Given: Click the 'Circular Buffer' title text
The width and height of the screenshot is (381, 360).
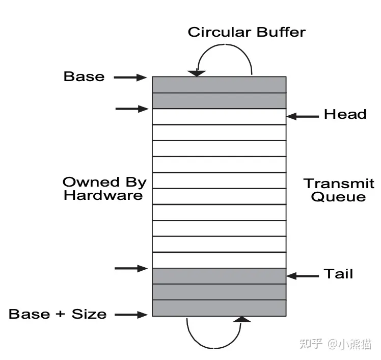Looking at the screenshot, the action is (247, 32).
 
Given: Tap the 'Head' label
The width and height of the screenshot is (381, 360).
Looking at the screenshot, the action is (345, 114).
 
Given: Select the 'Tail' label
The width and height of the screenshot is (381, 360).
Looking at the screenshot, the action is (338, 273).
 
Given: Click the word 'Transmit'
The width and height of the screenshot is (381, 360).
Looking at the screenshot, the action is (339, 183).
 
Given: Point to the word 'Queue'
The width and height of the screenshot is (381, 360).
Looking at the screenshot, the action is (338, 197).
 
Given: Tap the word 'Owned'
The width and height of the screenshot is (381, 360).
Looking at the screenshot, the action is (91, 182).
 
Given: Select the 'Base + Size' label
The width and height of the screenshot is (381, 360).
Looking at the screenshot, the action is (58, 314).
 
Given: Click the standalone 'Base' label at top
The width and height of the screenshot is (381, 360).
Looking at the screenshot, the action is (84, 76).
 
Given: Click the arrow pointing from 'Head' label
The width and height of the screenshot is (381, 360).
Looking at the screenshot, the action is (303, 116).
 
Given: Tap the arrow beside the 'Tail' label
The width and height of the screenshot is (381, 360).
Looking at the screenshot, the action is (303, 276).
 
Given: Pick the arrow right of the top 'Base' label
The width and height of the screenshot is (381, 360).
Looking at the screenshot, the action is (130, 78).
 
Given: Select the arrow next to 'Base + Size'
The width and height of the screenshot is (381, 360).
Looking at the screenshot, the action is (131, 315).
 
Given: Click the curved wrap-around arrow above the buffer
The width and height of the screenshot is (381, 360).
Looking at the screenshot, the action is (225, 44).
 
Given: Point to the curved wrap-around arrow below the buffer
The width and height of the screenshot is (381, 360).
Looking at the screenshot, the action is (214, 348).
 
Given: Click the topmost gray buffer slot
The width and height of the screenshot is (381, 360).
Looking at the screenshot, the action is (219, 85).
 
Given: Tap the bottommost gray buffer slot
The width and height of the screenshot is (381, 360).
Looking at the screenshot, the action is (219, 308).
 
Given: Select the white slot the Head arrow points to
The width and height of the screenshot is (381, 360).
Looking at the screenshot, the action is (219, 116).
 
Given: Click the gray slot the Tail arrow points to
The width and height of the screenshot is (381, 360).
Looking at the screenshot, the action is (219, 276).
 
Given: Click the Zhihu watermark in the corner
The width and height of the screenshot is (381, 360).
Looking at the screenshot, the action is (335, 344).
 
